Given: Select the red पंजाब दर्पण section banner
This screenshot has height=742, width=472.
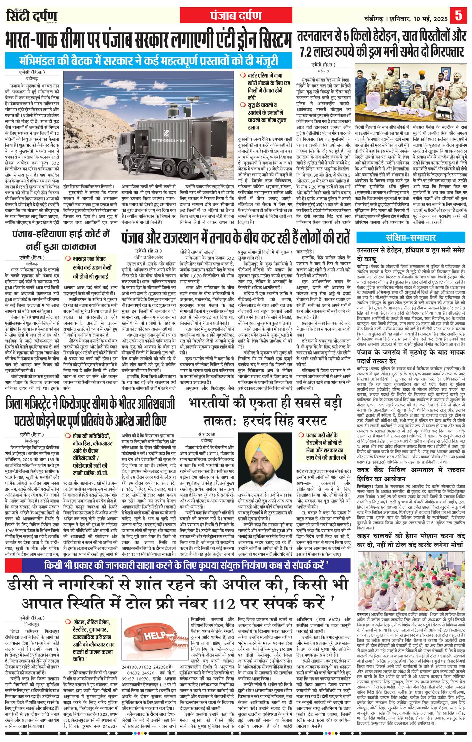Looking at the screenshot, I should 236,15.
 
